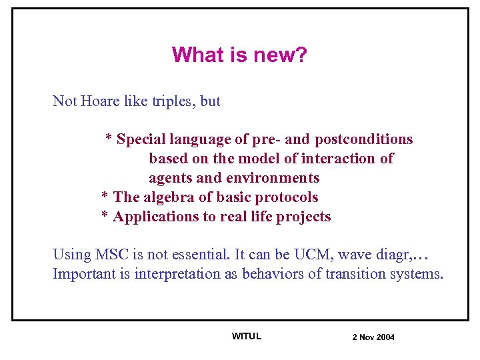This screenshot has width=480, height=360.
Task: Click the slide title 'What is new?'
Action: [239, 55]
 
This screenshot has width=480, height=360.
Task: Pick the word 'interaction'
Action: [340, 159]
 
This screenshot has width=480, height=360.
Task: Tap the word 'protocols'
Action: [287, 197]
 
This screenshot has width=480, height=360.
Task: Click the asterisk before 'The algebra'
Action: [105, 197]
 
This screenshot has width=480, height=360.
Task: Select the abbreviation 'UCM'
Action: [329, 255]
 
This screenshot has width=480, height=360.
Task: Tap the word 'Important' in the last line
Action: [83, 274]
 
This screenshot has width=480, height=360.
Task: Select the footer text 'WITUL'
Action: [246, 336]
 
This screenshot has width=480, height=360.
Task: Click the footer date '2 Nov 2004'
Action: [373, 337]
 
